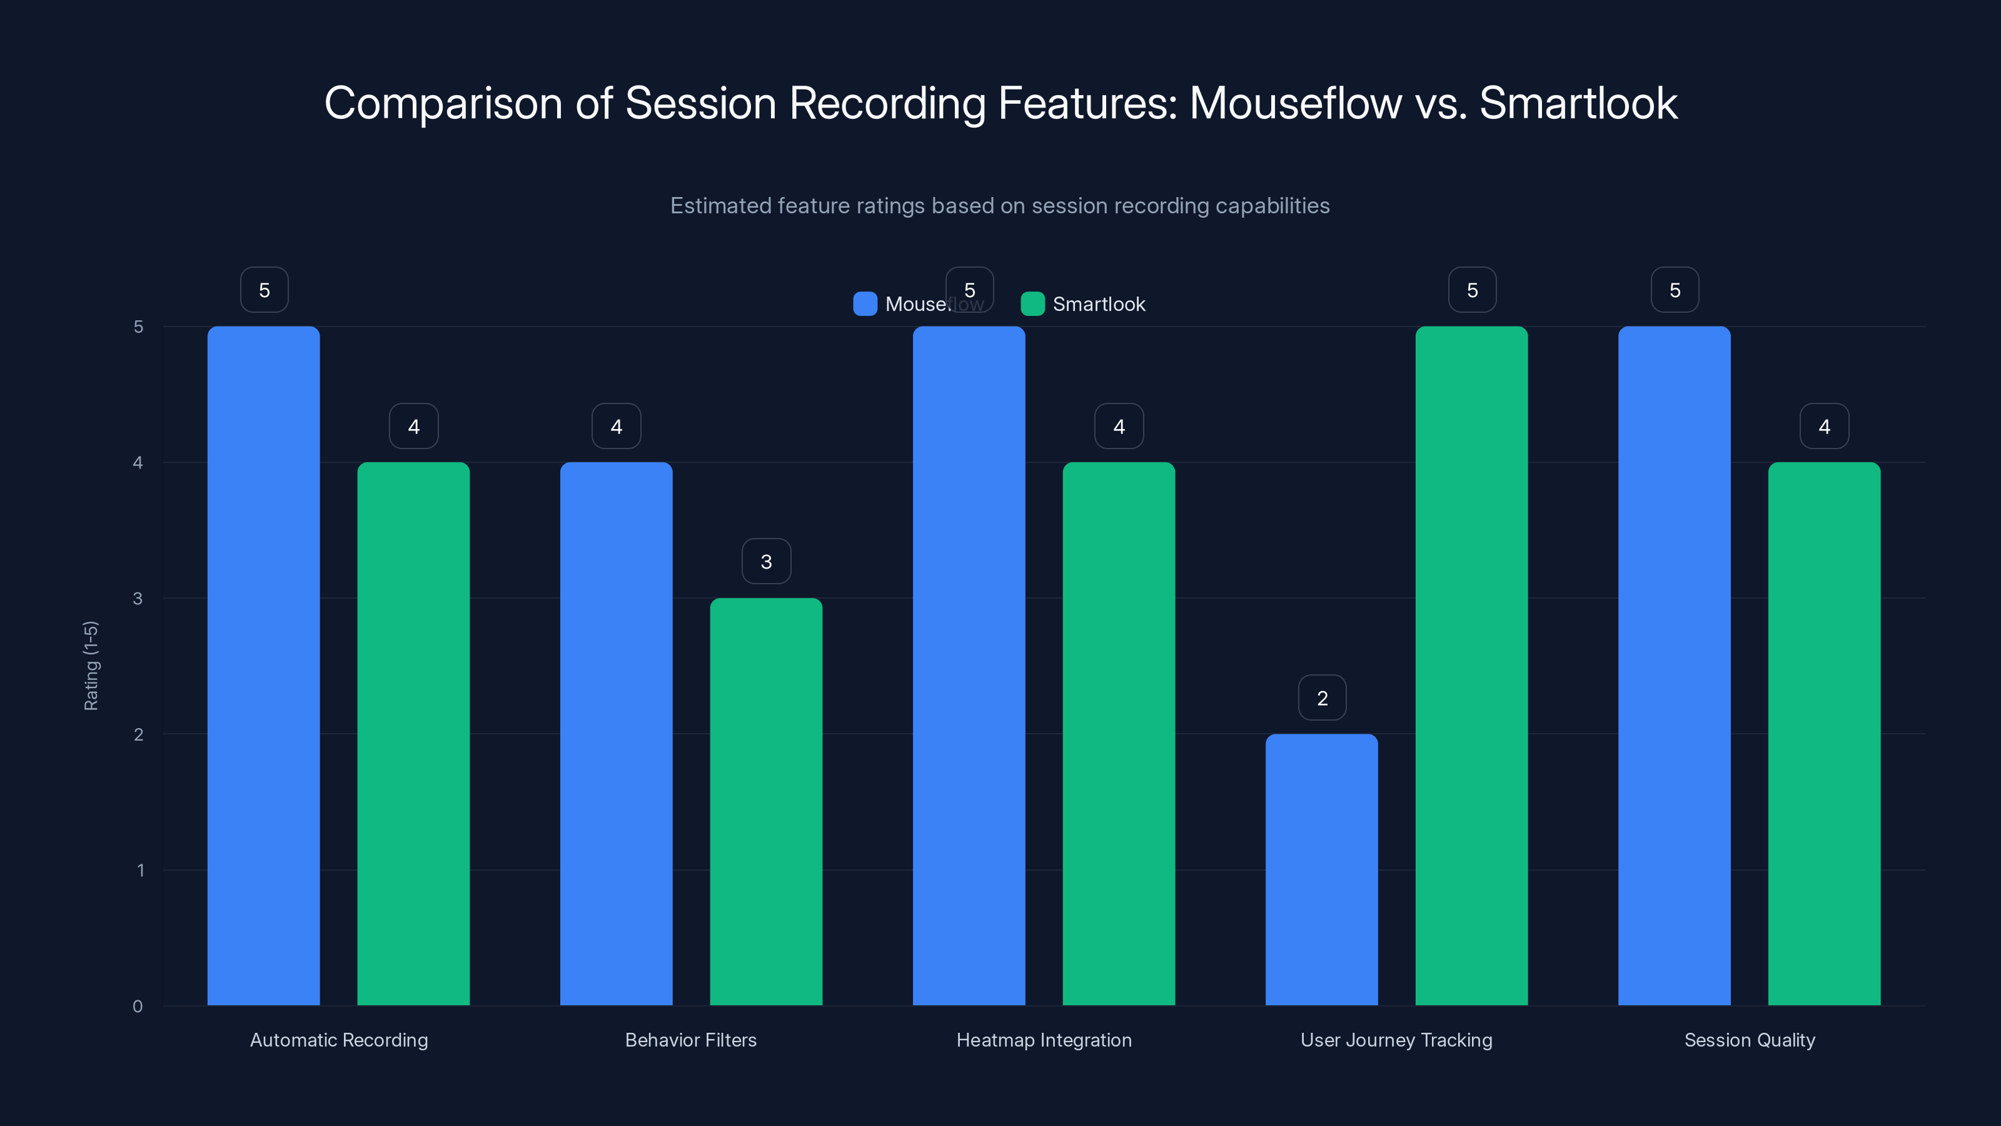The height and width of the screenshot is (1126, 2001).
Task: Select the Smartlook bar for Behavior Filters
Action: tap(766, 801)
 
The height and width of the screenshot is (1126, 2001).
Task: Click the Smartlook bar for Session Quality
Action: tap(1824, 734)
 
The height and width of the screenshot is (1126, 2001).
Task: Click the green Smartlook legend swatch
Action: tap(1032, 304)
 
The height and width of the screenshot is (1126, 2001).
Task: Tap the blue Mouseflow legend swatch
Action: tap(865, 304)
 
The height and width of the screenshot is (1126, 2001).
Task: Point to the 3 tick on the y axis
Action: tap(138, 599)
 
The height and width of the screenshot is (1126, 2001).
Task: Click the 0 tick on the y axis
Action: tap(138, 1007)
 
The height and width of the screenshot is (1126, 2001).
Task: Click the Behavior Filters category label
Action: tap(690, 1040)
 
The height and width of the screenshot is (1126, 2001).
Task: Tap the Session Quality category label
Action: tap(1750, 1040)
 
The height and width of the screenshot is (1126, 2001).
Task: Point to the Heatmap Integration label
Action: tap(1043, 1040)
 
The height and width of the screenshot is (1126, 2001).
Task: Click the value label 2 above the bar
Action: tap(1322, 698)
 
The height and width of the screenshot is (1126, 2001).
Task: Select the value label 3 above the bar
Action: tap(766, 562)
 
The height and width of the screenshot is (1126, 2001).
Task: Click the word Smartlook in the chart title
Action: tap(1578, 103)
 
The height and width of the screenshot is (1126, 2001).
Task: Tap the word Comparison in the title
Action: tap(443, 103)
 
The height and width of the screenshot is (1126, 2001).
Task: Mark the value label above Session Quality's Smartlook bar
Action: tap(1824, 426)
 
